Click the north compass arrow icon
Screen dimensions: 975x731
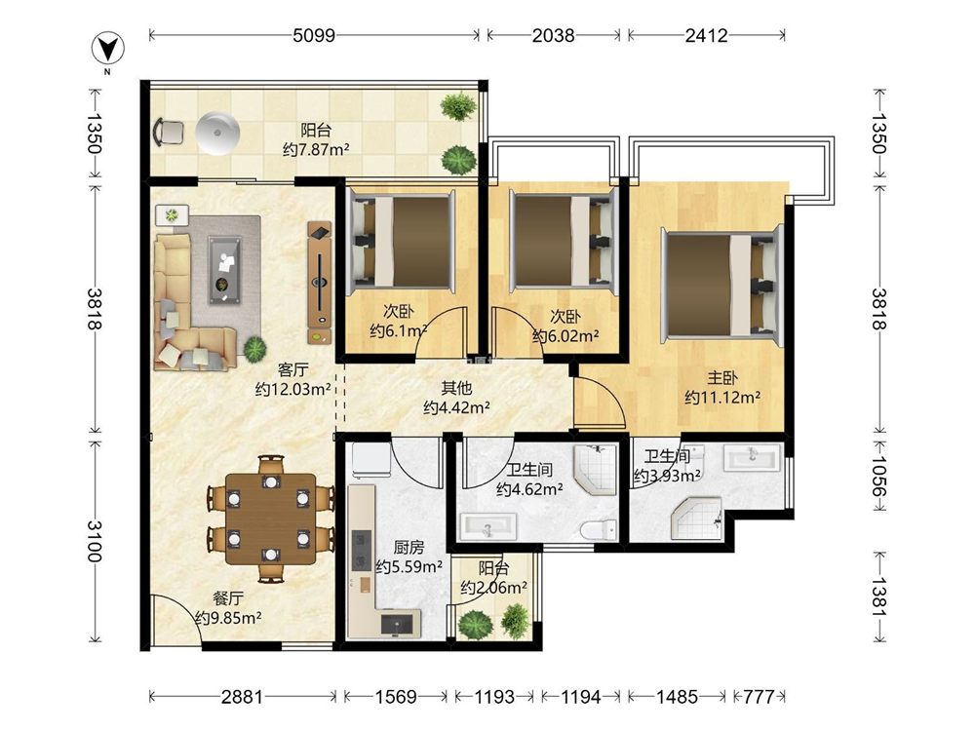click(108, 49)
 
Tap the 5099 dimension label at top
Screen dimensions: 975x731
click(314, 35)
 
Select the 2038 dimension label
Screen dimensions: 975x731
click(553, 35)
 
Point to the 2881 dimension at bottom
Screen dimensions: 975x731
click(242, 697)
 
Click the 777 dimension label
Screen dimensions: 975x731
click(759, 697)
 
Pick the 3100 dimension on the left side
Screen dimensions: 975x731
click(94, 541)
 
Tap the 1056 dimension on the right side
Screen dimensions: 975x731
click(879, 477)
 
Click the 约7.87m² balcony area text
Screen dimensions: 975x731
click(316, 150)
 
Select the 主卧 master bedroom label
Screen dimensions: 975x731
click(721, 377)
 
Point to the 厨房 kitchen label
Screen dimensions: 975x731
click(409, 547)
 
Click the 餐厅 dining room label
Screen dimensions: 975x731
click(227, 598)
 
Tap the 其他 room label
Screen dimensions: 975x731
click(456, 389)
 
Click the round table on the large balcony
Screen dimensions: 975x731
click(217, 133)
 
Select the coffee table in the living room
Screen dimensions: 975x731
click(224, 270)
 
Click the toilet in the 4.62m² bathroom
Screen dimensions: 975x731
click(599, 529)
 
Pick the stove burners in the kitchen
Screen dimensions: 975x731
click(360, 550)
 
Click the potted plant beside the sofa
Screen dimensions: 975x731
click(254, 348)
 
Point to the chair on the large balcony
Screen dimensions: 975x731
click(169, 132)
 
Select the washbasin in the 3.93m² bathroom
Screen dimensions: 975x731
click(752, 459)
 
